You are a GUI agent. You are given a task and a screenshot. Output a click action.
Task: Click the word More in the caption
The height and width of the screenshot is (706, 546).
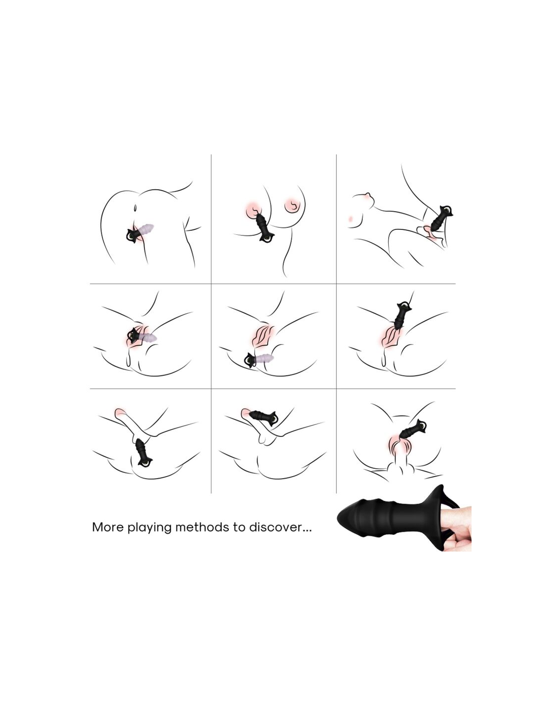click(x=108, y=527)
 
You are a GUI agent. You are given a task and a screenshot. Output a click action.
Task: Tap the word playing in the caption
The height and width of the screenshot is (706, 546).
click(x=149, y=527)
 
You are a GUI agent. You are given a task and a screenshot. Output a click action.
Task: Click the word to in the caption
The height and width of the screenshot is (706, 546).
click(x=239, y=527)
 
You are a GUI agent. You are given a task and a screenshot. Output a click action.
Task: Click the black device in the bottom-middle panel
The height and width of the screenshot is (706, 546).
click(x=264, y=417)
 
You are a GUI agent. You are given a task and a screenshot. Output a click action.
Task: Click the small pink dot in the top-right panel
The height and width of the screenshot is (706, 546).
click(x=350, y=218)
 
